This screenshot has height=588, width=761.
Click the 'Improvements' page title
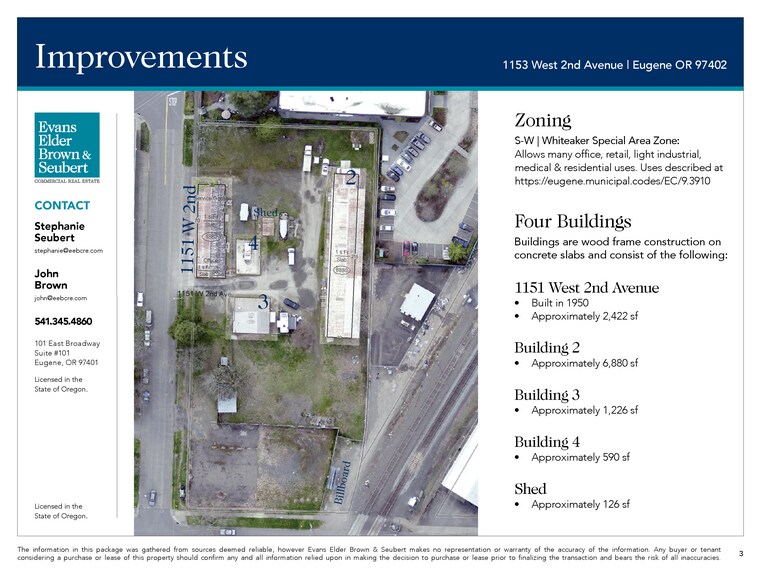[x=140, y=56]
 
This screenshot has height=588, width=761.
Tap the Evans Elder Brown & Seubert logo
[x=67, y=147]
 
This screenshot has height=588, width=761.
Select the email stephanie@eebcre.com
[x=68, y=250]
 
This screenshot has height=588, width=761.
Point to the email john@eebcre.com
[x=60, y=298]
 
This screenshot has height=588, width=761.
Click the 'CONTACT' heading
[x=62, y=206]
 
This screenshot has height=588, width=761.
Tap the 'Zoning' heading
[x=542, y=120]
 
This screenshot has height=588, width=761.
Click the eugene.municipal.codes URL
[x=611, y=182]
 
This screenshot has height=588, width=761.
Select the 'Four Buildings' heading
[x=572, y=221]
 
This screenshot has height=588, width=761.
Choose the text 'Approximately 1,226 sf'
[x=584, y=410]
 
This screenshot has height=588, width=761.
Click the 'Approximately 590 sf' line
[x=580, y=457]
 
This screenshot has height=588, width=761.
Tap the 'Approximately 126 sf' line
[x=580, y=504]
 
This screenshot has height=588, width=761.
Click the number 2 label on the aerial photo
[x=351, y=179]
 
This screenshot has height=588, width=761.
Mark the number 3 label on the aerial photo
[x=263, y=300]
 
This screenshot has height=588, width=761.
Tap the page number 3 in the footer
[x=741, y=552]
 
